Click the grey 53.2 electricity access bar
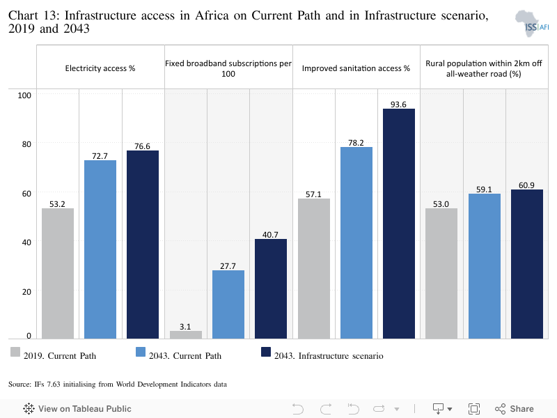click(58, 273)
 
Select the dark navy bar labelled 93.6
click(398, 224)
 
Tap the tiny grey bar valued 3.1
click(186, 334)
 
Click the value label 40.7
click(271, 234)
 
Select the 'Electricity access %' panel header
click(100, 68)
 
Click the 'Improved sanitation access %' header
click(356, 68)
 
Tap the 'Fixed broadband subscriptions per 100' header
click(228, 68)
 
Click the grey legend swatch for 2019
click(15, 353)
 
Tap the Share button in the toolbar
click(515, 409)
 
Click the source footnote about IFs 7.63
click(118, 384)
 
